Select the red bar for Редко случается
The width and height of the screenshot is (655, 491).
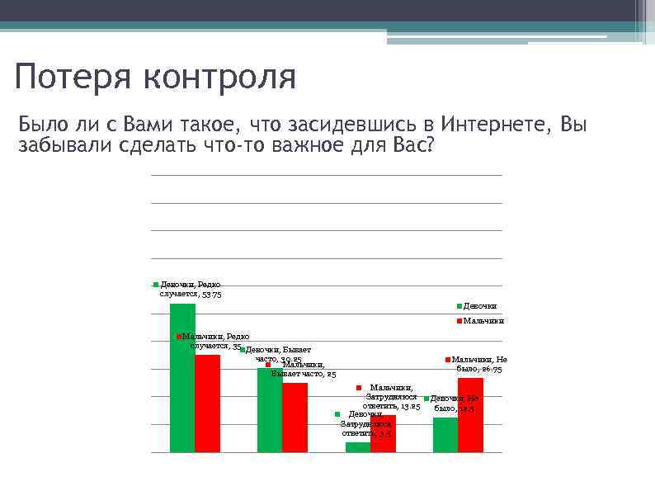click(x=207, y=404)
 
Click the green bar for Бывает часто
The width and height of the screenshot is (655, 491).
click(x=270, y=410)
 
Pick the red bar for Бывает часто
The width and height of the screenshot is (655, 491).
click(x=295, y=418)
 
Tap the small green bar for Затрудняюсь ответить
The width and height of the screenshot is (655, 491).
click(x=357, y=447)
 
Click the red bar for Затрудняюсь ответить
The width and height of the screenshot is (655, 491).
click(x=383, y=433)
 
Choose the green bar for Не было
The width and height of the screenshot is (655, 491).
click(x=445, y=435)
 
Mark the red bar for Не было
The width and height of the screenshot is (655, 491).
click(x=470, y=414)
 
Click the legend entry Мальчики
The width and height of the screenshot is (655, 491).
click(x=482, y=321)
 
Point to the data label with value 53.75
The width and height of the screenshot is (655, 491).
click(x=190, y=289)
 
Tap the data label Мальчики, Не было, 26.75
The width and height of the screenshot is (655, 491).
click(x=481, y=364)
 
